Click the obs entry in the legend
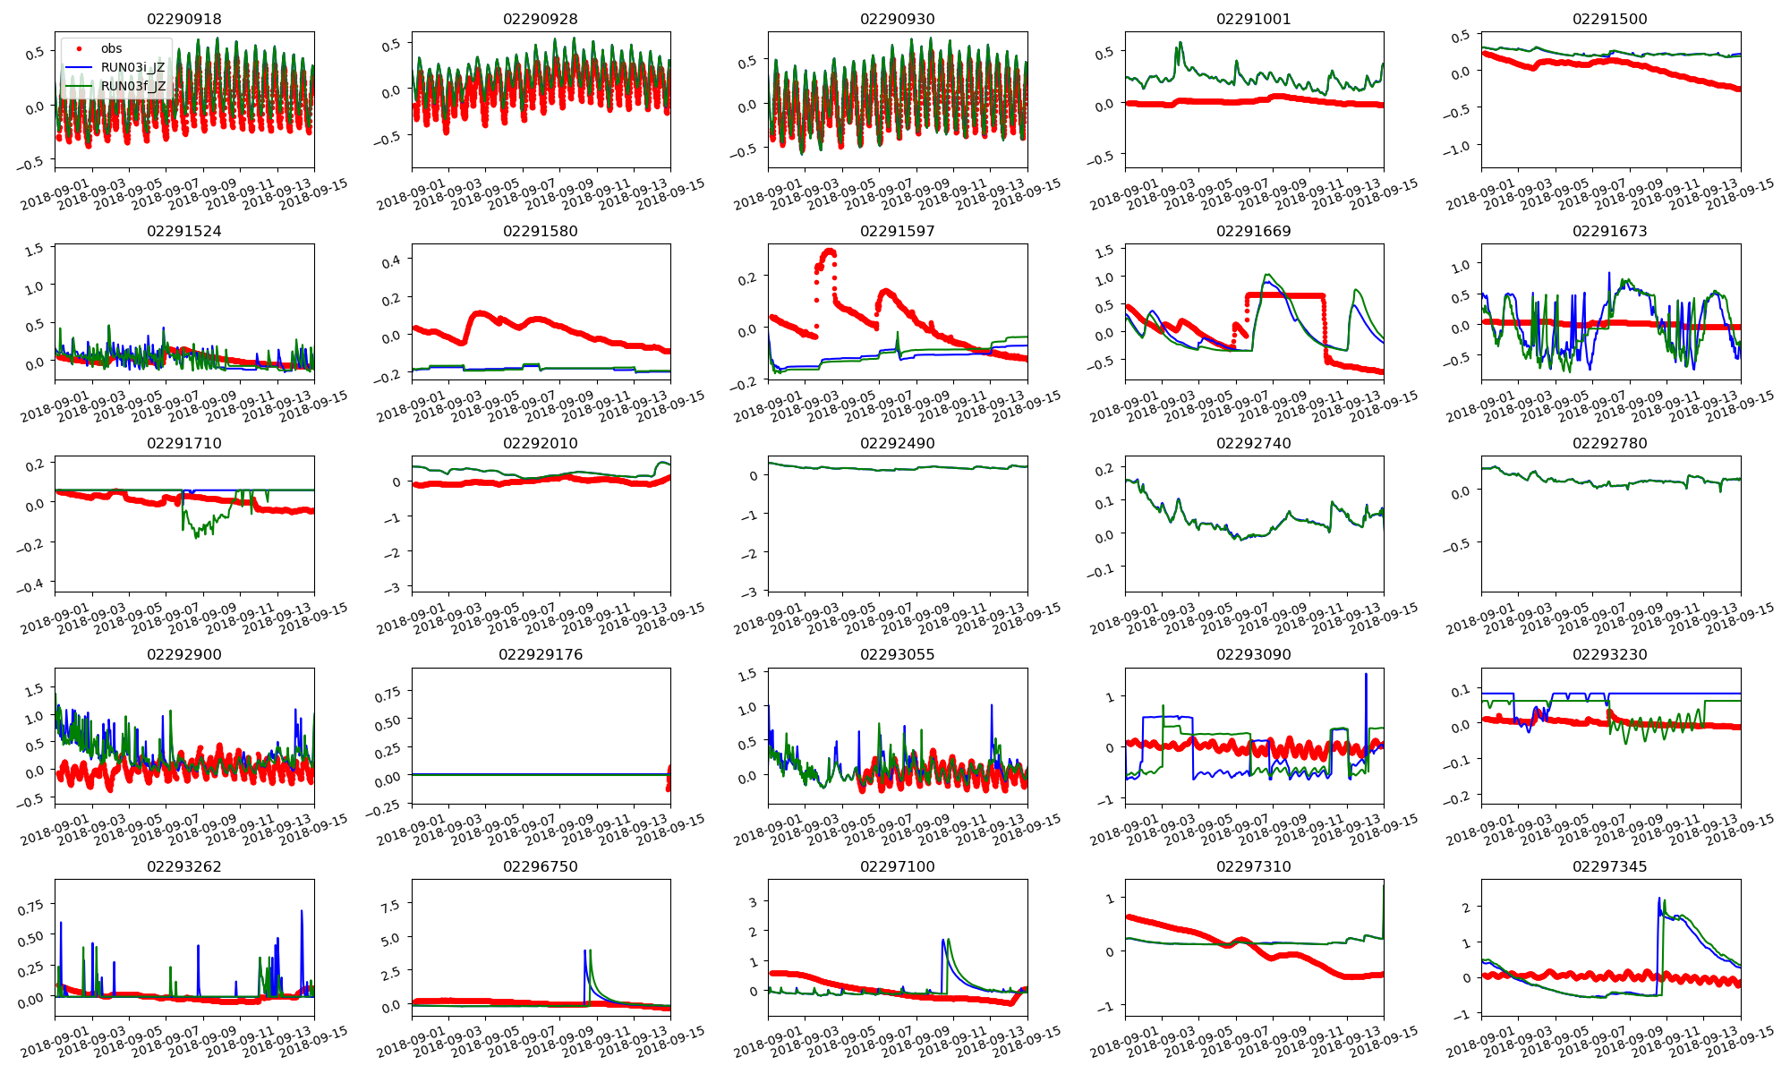coord(111,48)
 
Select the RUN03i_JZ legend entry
coord(132,67)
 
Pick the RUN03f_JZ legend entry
coord(132,86)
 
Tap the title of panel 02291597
coord(897,231)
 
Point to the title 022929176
coord(541,654)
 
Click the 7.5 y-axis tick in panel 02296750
coord(390,906)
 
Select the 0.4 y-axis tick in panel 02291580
coord(390,260)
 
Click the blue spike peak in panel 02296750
coord(584,950)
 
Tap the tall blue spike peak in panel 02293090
coord(1366,674)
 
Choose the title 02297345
coord(1609,866)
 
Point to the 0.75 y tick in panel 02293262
coord(30,907)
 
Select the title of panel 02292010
coord(541,443)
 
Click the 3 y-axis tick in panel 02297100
coord(754,902)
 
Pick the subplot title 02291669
coord(1253,231)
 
